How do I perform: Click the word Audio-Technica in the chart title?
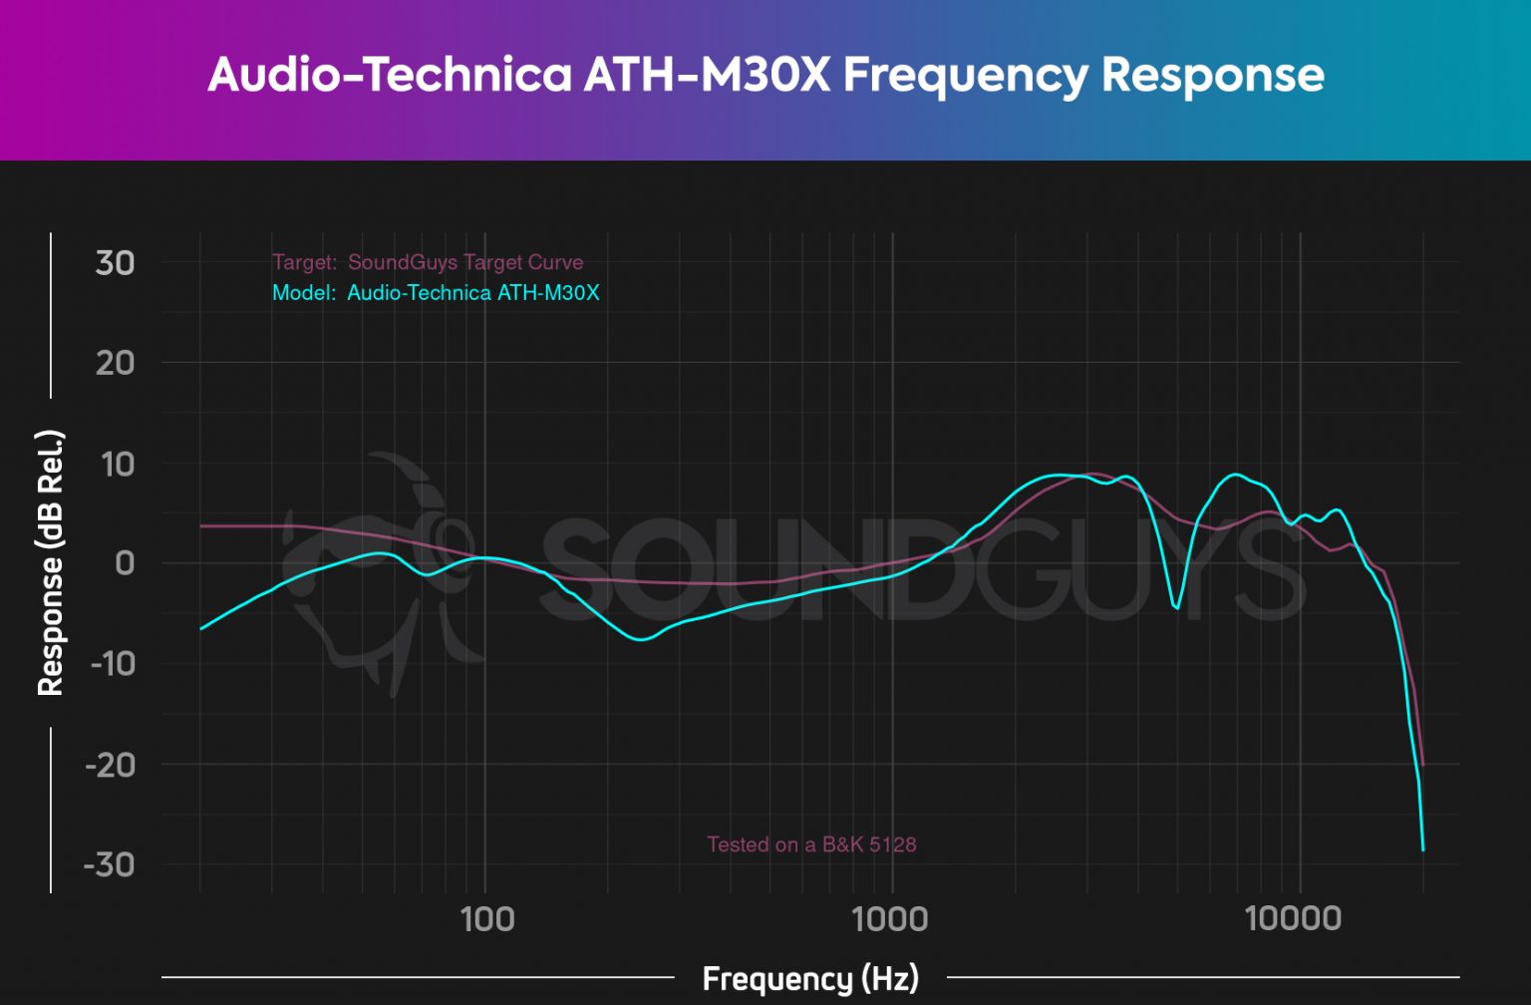click(389, 76)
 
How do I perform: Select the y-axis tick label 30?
click(115, 263)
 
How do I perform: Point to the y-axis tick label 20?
click(115, 363)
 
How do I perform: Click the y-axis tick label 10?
click(115, 464)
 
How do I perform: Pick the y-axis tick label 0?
click(125, 563)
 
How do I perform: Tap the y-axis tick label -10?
click(111, 663)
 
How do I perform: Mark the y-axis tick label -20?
click(109, 765)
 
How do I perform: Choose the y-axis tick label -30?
click(109, 864)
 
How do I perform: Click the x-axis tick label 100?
click(486, 918)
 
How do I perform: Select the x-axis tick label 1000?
click(890, 918)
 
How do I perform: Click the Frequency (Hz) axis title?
click(810, 979)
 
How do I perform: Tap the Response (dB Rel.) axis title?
click(50, 563)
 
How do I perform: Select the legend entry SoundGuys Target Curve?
click(464, 262)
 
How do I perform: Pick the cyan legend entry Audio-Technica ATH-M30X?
click(472, 293)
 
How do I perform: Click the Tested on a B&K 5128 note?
click(811, 844)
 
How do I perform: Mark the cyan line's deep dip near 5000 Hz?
click(1177, 607)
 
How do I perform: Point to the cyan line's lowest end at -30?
click(1423, 848)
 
